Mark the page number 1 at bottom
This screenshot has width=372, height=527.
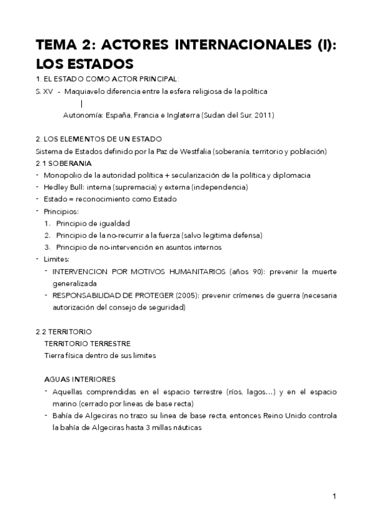(x=334, y=496)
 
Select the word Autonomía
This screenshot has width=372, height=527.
(x=83, y=115)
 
